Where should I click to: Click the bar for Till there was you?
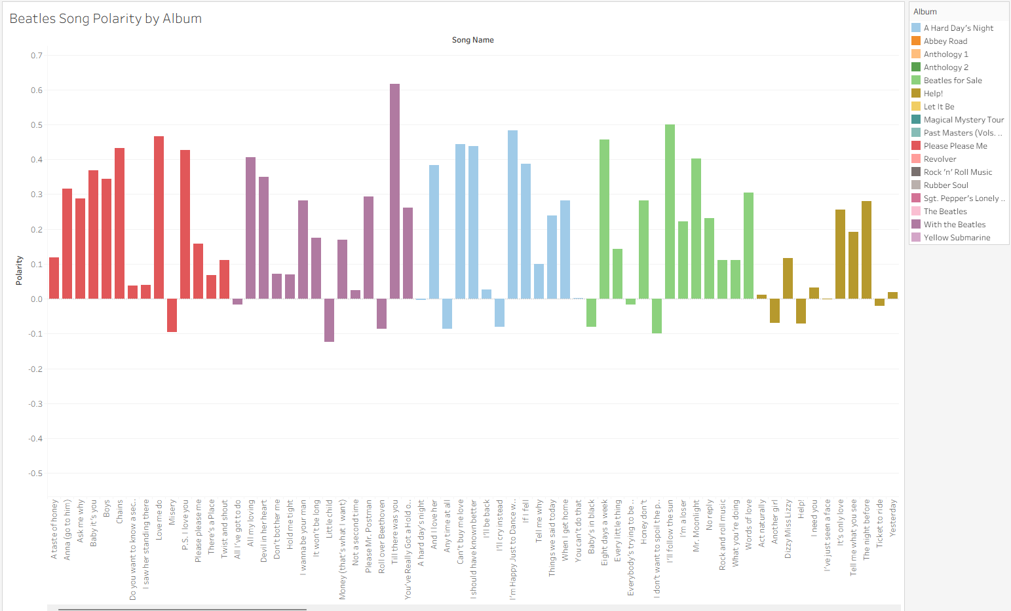pyautogui.click(x=394, y=191)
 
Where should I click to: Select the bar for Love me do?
pyautogui.click(x=159, y=217)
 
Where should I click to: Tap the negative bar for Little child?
pyautogui.click(x=329, y=320)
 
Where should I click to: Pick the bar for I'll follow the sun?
pyautogui.click(x=670, y=212)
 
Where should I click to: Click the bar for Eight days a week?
pyautogui.click(x=604, y=219)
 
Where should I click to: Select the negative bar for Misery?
pyautogui.click(x=172, y=315)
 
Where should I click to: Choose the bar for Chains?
pyautogui.click(x=119, y=223)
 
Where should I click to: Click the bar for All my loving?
pyautogui.click(x=250, y=228)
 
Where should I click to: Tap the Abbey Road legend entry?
pyautogui.click(x=945, y=41)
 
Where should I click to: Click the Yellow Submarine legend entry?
pyautogui.click(x=957, y=238)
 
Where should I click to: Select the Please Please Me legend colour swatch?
pyautogui.click(x=916, y=146)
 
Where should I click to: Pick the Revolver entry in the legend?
pyautogui.click(x=940, y=159)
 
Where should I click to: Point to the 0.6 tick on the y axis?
pyautogui.click(x=36, y=90)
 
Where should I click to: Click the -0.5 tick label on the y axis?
pyautogui.click(x=35, y=473)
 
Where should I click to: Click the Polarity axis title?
pyautogui.click(x=19, y=270)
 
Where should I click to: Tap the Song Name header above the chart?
pyautogui.click(x=472, y=40)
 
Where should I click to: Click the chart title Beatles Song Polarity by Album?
pyautogui.click(x=105, y=18)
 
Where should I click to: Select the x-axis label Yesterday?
pyautogui.click(x=892, y=519)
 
